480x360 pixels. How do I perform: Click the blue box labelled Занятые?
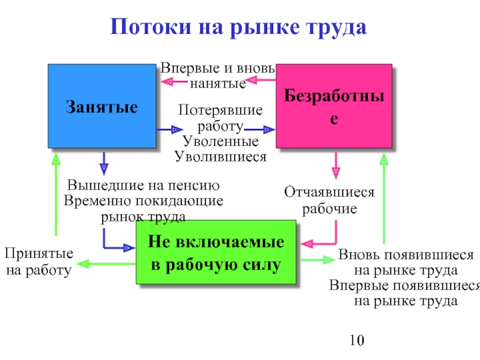pyautogui.click(x=101, y=106)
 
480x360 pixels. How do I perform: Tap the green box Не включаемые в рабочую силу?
pyautogui.click(x=215, y=252)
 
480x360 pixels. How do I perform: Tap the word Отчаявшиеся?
pyautogui.click(x=329, y=193)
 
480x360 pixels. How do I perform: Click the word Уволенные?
pyautogui.click(x=220, y=142)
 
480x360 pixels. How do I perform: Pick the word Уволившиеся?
pyautogui.click(x=220, y=157)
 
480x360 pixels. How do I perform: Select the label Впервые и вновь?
pyautogui.click(x=218, y=67)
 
